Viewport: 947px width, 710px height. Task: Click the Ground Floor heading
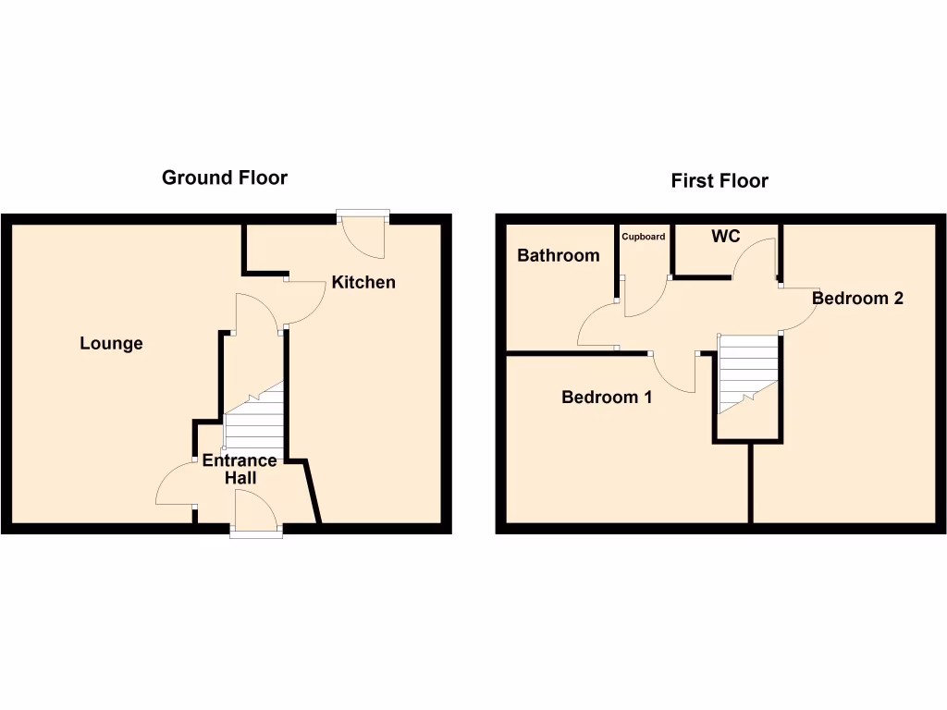pyautogui.click(x=225, y=177)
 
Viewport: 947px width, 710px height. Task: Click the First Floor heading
pyautogui.click(x=719, y=181)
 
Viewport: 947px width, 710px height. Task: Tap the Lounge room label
pyautogui.click(x=111, y=344)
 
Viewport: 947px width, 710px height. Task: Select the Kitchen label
pyautogui.click(x=363, y=282)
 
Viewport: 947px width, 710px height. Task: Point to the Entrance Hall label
pyautogui.click(x=240, y=469)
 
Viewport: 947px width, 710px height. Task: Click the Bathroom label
pyautogui.click(x=558, y=255)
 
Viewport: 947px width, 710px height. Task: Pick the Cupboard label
pyautogui.click(x=643, y=237)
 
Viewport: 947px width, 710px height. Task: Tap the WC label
pyautogui.click(x=726, y=237)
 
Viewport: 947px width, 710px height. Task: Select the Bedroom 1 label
pyautogui.click(x=607, y=398)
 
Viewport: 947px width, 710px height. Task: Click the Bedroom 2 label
pyautogui.click(x=857, y=298)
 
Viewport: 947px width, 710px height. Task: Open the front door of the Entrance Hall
pyautogui.click(x=255, y=511)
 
